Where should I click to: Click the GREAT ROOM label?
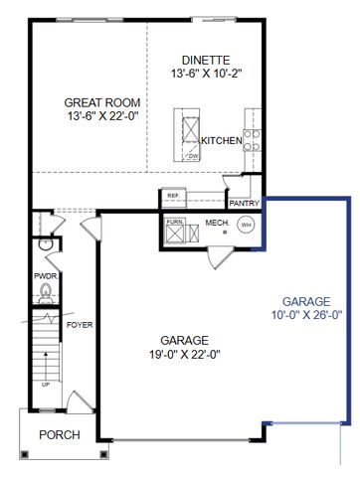102,102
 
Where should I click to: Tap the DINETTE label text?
207,59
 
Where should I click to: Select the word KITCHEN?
222,141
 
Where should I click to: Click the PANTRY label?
244,203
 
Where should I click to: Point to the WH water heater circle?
246,225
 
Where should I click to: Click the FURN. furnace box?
175,231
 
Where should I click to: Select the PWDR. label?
45,275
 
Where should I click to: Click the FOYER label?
79,325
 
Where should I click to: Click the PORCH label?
58,435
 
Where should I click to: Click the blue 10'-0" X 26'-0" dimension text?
311,315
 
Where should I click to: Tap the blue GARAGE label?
311,300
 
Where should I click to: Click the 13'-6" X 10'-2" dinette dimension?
207,74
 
